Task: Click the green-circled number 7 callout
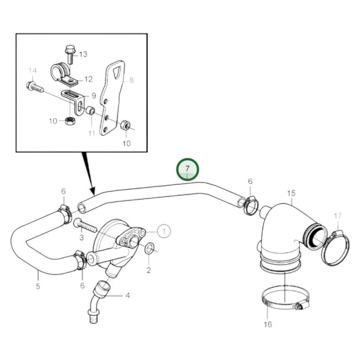pyautogui.click(x=188, y=168)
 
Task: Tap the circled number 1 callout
pyautogui.click(x=165, y=230)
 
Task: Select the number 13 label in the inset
pyautogui.click(x=83, y=53)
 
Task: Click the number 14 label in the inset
pyautogui.click(x=32, y=70)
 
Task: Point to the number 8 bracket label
pyautogui.click(x=132, y=80)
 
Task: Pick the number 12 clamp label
pyautogui.click(x=88, y=79)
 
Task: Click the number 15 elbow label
pyautogui.click(x=291, y=193)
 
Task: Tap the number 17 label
pyautogui.click(x=338, y=215)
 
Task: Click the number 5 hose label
pyautogui.click(x=38, y=286)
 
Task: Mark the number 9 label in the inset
pyautogui.click(x=94, y=95)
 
